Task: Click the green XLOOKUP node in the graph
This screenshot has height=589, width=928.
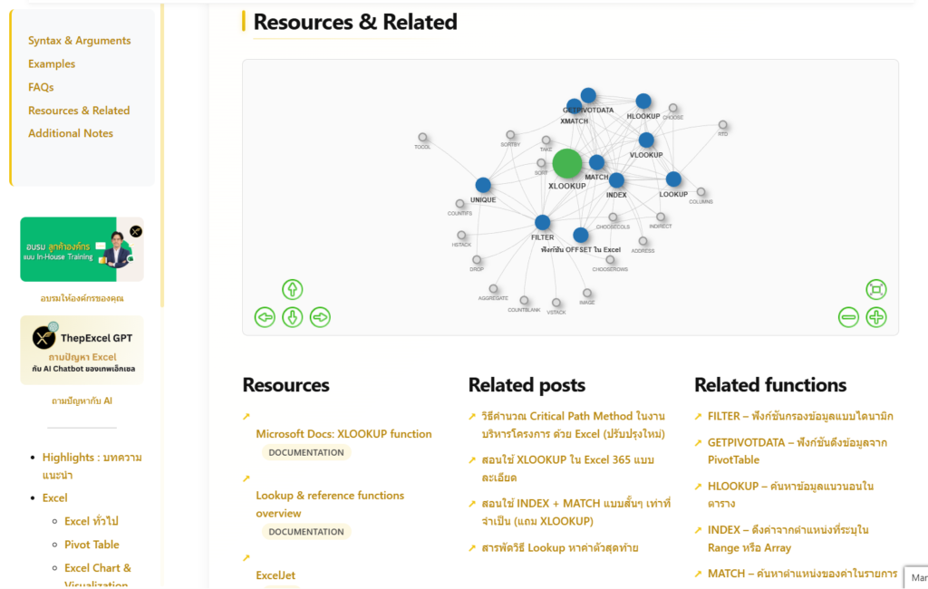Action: [567, 164]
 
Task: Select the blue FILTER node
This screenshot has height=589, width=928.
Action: [542, 222]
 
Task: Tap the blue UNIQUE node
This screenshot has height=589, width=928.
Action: [483, 185]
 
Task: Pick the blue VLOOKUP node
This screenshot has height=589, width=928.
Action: [646, 140]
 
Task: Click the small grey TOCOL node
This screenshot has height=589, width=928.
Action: [422, 138]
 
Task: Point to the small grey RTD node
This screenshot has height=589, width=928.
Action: [722, 125]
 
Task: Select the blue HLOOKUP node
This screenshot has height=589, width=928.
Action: [643, 101]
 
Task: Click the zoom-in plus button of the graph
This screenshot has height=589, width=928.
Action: [876, 317]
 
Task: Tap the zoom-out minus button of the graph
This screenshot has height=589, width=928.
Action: [848, 317]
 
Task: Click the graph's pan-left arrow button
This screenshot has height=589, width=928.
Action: [265, 317]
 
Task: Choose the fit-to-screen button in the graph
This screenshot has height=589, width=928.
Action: [876, 290]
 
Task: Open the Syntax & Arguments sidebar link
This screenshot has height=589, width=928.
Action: [79, 41]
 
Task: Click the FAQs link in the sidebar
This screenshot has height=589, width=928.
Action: [41, 87]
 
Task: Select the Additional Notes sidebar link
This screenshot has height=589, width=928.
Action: [71, 133]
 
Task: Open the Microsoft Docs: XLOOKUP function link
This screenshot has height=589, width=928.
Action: [343, 434]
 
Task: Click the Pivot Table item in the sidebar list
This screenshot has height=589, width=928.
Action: [92, 545]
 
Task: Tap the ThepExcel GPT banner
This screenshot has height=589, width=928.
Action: [82, 350]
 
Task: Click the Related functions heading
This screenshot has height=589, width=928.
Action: [770, 385]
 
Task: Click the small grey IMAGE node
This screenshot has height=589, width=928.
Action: [587, 294]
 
